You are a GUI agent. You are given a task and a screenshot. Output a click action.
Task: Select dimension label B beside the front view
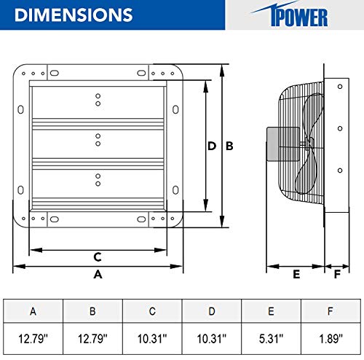[x=229, y=146]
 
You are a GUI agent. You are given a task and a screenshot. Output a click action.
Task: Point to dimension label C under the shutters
[x=97, y=256]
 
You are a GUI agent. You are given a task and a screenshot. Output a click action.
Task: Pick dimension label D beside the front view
[x=212, y=146]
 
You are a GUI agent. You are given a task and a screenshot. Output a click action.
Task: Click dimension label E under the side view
[x=296, y=274]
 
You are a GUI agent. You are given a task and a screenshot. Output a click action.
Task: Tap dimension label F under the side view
[x=336, y=274]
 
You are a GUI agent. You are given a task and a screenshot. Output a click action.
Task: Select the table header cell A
[x=33, y=311]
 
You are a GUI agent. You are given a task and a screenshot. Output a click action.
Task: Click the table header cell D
[x=211, y=311]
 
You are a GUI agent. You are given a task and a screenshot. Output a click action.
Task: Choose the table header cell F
[x=330, y=311]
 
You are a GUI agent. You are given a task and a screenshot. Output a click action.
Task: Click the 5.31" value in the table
[x=271, y=338]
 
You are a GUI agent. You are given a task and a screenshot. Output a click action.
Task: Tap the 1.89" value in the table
[x=330, y=338]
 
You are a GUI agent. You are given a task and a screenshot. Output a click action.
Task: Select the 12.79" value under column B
[x=93, y=338]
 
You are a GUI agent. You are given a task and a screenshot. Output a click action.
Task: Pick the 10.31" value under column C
[x=152, y=338]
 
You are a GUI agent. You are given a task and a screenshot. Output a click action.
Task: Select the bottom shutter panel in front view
[x=98, y=182]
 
